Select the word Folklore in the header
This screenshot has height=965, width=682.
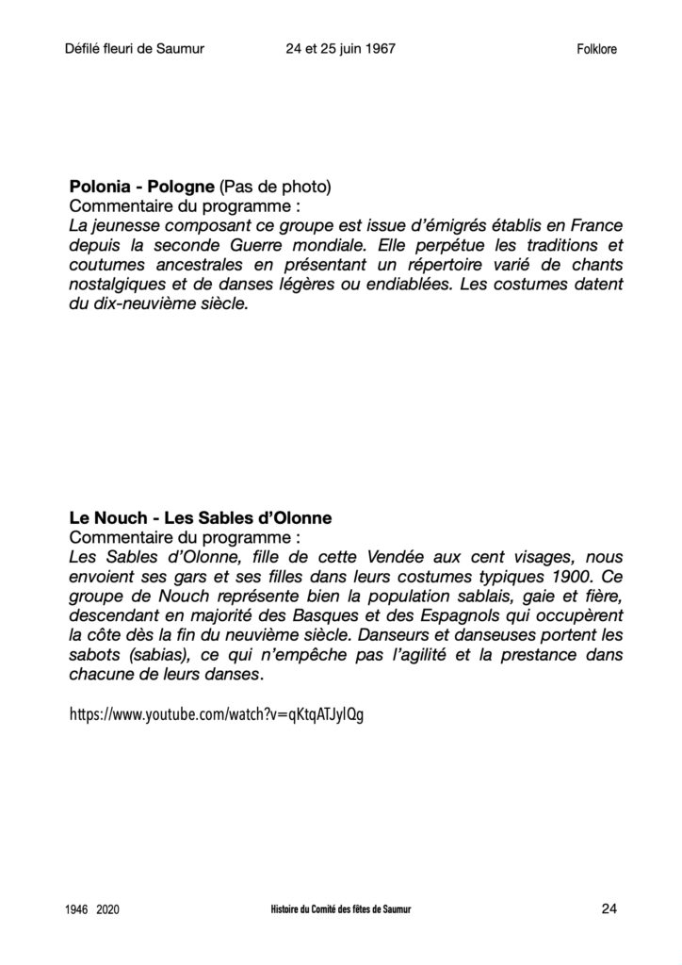[x=596, y=50]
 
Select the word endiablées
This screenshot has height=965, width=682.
[x=382, y=285]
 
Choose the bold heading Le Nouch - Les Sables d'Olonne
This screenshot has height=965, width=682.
[x=200, y=518]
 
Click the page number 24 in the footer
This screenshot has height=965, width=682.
[x=608, y=908]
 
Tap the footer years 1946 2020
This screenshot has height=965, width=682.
[x=92, y=910]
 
